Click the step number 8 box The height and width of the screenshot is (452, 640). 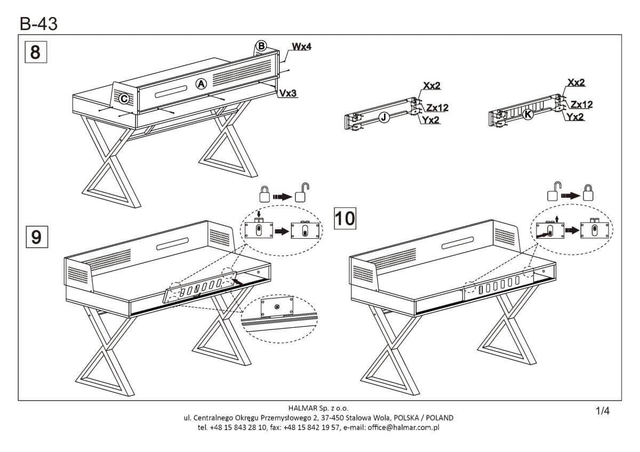[36, 53]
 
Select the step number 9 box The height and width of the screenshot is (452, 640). [36, 236]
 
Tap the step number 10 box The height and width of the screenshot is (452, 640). [345, 218]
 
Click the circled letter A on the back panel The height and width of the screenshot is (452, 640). [201, 84]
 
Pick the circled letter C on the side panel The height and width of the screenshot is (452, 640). [123, 99]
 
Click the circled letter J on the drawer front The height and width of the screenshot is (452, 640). [383, 118]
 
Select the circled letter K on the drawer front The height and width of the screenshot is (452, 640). [528, 114]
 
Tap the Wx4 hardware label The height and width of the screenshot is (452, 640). [301, 47]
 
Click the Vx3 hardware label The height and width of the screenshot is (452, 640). [288, 93]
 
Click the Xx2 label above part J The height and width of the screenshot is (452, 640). [432, 86]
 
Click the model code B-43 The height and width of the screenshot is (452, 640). [38, 23]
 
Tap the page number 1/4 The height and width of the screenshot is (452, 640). [602, 410]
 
